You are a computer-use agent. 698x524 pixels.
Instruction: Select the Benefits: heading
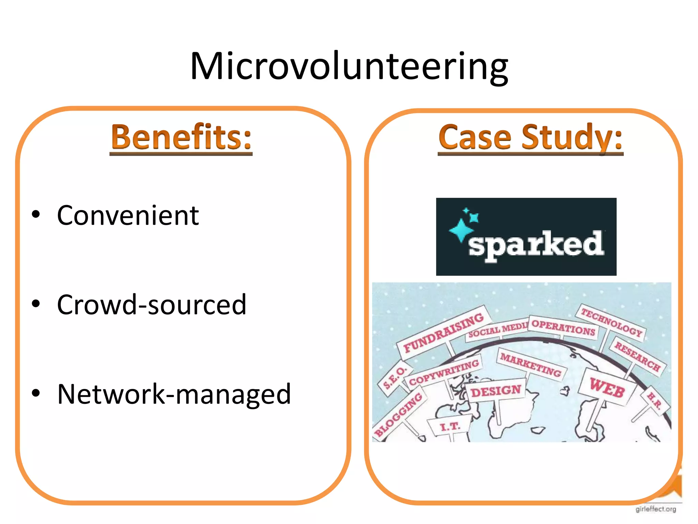pos(181,137)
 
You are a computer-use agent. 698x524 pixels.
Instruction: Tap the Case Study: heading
pos(530,137)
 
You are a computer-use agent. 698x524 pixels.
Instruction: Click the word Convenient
pos(128,216)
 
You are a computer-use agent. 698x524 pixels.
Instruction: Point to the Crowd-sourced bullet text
pos(151,304)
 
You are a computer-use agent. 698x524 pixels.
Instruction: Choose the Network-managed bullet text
pos(174,394)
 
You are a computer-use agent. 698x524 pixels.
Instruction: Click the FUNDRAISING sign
pos(443,333)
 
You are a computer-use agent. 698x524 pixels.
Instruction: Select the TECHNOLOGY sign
pos(611,322)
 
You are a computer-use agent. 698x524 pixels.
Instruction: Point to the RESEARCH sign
pos(637,356)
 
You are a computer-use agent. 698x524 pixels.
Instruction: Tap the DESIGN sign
pos(496,391)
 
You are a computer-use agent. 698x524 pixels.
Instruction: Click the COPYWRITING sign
pos(444,372)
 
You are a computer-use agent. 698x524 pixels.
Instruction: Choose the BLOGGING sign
pos(399,414)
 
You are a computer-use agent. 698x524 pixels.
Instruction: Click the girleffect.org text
pos(656,509)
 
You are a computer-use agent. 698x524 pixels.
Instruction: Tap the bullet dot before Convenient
pos(36,215)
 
